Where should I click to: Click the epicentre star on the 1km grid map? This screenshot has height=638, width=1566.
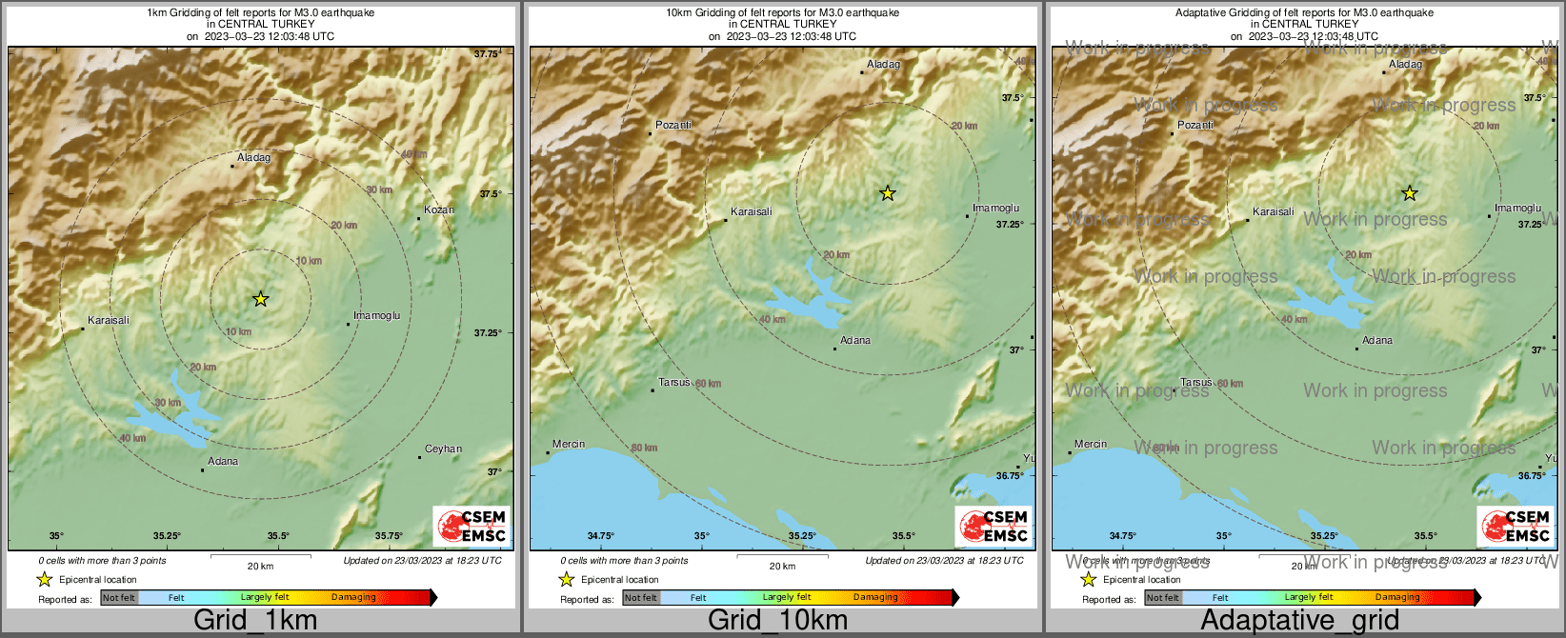pos(260,299)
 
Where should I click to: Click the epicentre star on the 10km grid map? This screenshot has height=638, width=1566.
pos(887,193)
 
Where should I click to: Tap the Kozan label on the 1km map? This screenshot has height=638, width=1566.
pos(439,209)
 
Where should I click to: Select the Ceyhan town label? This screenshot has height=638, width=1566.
pos(443,449)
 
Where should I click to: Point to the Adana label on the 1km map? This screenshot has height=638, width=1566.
pos(223,462)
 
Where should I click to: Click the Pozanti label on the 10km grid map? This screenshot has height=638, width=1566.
pos(673,126)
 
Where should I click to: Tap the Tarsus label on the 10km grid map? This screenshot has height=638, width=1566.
pos(674,383)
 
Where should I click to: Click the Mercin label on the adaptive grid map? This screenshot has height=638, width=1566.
pos(1091,445)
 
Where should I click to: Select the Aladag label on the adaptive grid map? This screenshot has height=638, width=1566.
pos(1405,65)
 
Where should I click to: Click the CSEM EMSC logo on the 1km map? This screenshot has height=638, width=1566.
pos(472,526)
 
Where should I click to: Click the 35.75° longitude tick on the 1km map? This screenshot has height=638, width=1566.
pos(389,536)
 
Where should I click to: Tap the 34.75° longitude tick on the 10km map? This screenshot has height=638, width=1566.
pos(600,536)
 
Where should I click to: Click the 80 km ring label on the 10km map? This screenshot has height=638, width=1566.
pos(644,448)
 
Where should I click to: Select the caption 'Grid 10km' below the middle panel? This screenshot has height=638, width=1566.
pos(777,620)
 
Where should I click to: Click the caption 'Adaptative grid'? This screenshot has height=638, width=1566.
pos(1299,620)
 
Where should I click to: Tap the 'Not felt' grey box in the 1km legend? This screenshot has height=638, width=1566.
pos(119,598)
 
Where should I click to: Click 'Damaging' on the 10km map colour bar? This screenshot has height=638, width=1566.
pos(875,597)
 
